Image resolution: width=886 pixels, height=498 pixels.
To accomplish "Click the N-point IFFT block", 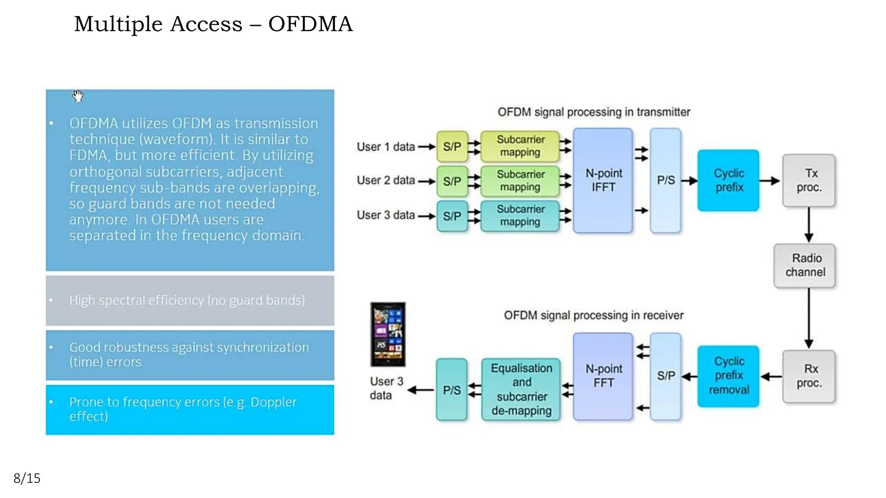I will tap(603, 180).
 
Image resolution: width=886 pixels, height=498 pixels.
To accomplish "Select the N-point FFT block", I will tap(603, 376).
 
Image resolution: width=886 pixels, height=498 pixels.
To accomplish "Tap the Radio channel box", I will tap(805, 265).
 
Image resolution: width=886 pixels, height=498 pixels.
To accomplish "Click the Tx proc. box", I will tap(809, 180).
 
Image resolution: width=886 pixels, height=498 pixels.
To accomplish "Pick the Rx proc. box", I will tap(809, 376).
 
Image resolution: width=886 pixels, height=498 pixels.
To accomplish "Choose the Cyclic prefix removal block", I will tap(728, 376).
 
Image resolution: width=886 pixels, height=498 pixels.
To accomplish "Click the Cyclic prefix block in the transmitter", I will tap(728, 180).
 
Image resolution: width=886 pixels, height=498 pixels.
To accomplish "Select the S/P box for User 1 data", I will tap(452, 147).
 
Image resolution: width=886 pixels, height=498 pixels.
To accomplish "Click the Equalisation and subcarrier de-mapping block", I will tap(521, 389).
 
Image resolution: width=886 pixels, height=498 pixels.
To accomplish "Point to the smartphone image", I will tap(388, 334).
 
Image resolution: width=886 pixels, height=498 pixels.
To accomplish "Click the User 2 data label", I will tap(385, 180).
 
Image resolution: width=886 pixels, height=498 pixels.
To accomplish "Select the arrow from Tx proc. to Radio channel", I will tap(809, 225).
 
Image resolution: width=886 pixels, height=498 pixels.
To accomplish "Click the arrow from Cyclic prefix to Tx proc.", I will tap(770, 181).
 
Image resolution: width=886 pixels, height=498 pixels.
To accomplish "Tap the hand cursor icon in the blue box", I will tap(78, 96).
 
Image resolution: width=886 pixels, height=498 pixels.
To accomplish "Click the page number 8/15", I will tap(27, 478).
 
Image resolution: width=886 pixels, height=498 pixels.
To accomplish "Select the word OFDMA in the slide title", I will tap(310, 24).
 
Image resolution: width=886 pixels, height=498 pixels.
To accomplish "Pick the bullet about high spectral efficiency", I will tap(187, 300).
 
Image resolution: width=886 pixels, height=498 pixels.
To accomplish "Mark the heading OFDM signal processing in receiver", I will tap(594, 315).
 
